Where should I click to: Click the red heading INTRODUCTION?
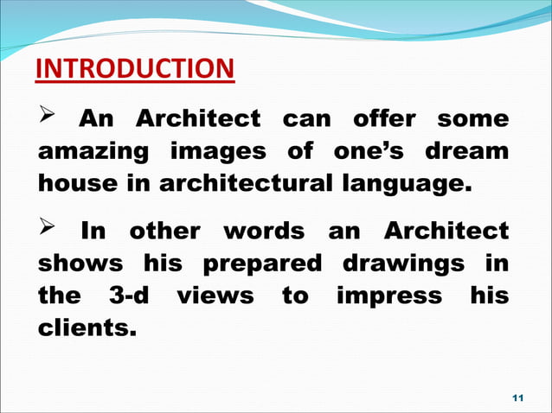(x=134, y=69)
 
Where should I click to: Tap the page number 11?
(x=518, y=397)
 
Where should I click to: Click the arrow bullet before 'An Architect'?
(x=50, y=117)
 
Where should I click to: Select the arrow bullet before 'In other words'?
(x=50, y=231)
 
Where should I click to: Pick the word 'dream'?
(x=466, y=151)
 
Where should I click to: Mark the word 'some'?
(x=473, y=118)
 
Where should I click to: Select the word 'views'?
(x=215, y=296)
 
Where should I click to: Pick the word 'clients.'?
(x=86, y=328)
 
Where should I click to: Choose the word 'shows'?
(x=75, y=264)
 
